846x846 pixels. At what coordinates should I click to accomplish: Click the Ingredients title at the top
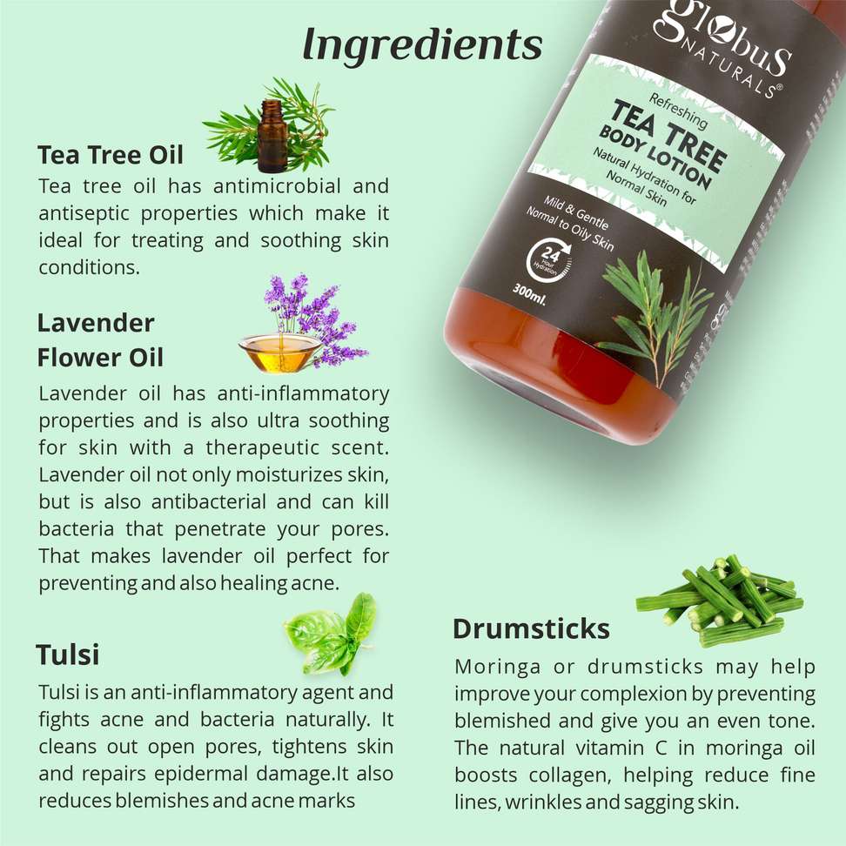click(x=422, y=45)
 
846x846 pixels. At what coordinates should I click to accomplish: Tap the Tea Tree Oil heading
click(x=111, y=155)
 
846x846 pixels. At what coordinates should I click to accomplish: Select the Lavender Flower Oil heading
click(x=100, y=340)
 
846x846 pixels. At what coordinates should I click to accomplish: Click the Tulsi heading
click(x=67, y=655)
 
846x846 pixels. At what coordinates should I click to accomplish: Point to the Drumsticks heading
click(x=532, y=628)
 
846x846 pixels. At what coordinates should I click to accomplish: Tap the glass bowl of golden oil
click(x=279, y=352)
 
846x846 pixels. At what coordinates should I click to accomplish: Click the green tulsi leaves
click(x=330, y=634)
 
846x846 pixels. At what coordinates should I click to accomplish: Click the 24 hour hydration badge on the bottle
click(x=548, y=260)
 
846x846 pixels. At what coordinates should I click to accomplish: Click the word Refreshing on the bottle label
click(x=678, y=111)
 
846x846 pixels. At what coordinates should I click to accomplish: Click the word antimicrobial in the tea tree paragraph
click(x=277, y=186)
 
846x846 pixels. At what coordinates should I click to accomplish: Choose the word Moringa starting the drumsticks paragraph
click(x=497, y=668)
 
